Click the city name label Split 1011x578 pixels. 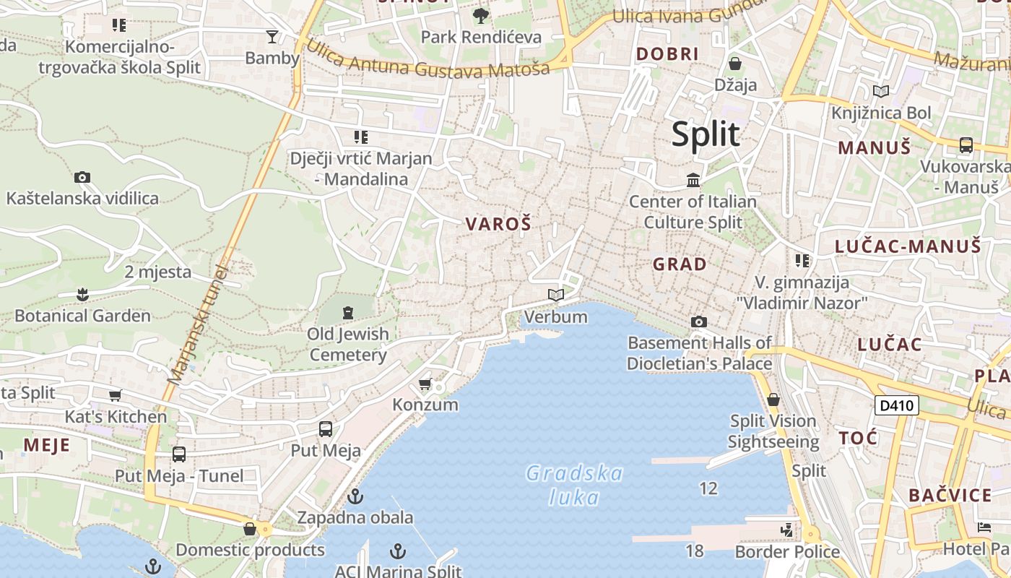(706, 135)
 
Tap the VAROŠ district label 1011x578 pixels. (498, 225)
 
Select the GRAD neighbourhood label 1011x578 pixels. (680, 264)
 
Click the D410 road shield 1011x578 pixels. (897, 405)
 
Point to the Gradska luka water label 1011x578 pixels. (574, 486)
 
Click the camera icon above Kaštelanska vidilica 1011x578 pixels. (82, 177)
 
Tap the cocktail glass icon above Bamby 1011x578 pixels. (272, 36)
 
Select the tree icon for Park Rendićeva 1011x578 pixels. (480, 15)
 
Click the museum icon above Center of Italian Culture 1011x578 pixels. (693, 180)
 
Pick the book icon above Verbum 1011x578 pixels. (555, 295)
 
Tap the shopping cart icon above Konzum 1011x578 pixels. (425, 384)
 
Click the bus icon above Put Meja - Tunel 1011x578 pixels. (179, 454)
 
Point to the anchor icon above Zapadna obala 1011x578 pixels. (355, 496)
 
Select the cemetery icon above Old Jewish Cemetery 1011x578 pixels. (348, 313)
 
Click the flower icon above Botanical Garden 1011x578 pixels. (82, 294)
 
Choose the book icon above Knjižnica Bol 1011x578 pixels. (880, 91)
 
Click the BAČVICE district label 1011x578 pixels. (950, 496)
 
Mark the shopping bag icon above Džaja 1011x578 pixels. (735, 64)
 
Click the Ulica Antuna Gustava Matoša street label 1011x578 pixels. (428, 59)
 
